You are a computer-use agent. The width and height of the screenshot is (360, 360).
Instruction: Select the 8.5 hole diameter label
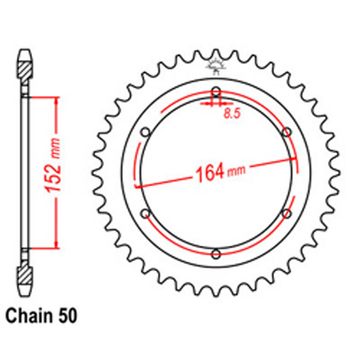point(231,113)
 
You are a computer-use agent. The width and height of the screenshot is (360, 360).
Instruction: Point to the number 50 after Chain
point(68,315)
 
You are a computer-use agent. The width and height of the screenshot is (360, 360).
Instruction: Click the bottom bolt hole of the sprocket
point(216,253)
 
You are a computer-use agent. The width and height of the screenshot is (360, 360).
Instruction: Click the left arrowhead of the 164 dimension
point(139,185)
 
